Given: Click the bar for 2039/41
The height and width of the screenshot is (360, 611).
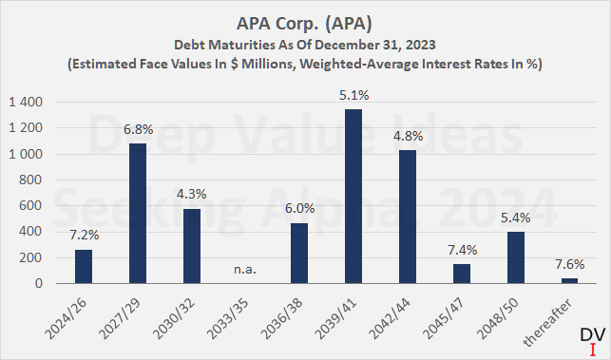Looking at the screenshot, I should point(326,197).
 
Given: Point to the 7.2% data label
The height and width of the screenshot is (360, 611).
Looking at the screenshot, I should point(84,234).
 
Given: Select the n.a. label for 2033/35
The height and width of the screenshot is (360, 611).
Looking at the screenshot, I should point(245,269).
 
